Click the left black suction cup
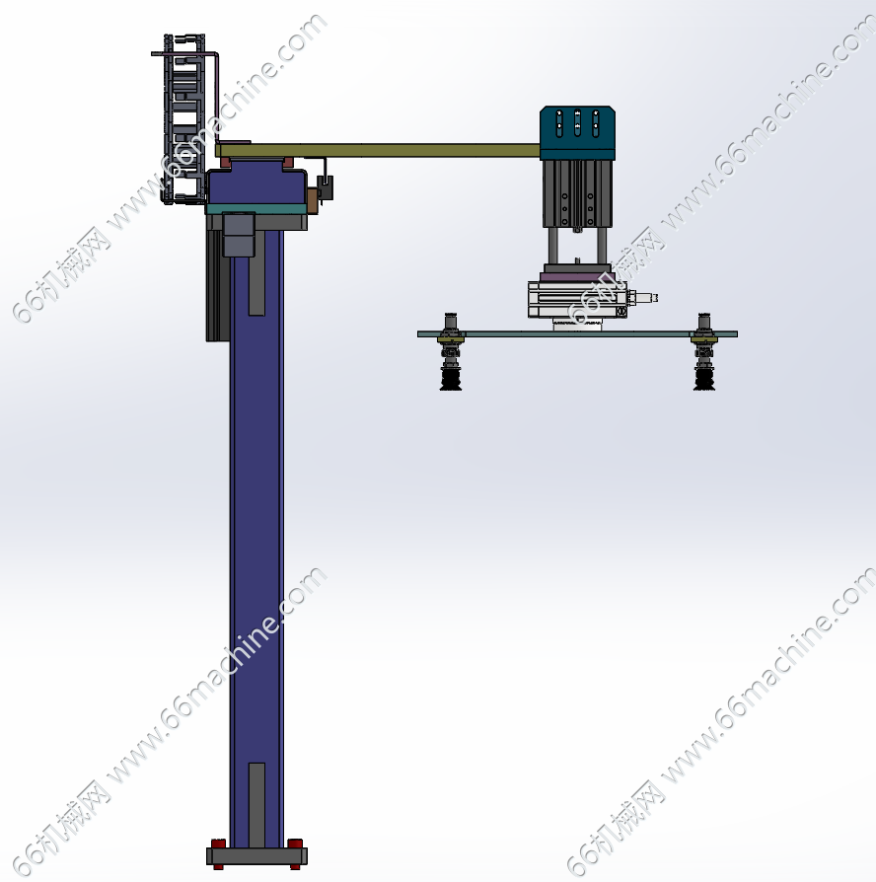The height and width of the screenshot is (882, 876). click(451, 375)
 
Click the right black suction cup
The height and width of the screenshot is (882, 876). click(704, 375)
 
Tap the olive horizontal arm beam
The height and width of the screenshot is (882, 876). click(378, 150)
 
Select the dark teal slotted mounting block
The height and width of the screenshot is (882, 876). click(577, 133)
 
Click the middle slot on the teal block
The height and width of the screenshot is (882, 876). click(577, 122)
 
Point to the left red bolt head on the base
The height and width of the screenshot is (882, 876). click(218, 844)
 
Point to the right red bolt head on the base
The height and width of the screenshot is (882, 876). click(295, 844)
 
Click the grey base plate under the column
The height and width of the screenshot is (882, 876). click(256, 856)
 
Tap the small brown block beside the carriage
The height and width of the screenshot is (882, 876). click(312, 201)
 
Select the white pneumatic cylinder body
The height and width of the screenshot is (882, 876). click(577, 299)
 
